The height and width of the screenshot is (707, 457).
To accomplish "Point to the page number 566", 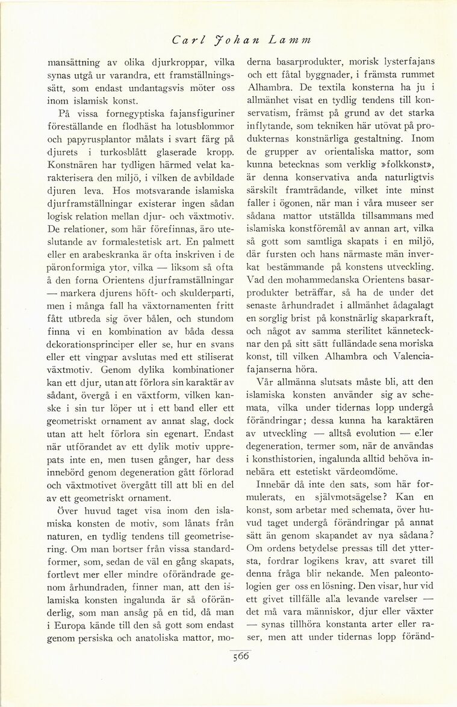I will pos(240,657).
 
